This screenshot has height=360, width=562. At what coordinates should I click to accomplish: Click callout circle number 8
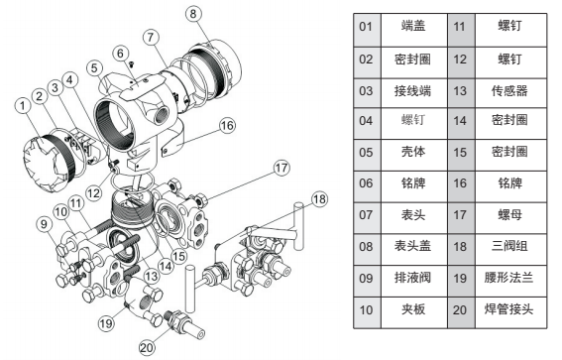click(x=193, y=14)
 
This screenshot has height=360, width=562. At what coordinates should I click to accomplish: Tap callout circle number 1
click(x=23, y=106)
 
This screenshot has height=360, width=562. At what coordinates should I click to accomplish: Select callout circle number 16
click(x=227, y=126)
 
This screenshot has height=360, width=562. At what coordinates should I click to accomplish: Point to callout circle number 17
click(x=281, y=168)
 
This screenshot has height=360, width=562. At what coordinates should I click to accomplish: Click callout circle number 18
click(x=320, y=199)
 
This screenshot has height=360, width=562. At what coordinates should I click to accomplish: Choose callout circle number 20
click(x=147, y=347)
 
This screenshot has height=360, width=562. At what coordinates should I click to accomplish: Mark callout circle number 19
click(x=106, y=323)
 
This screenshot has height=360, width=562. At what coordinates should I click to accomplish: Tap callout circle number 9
click(x=44, y=224)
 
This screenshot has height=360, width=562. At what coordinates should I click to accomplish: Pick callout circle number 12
click(x=94, y=193)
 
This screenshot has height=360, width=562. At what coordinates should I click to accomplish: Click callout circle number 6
click(x=121, y=54)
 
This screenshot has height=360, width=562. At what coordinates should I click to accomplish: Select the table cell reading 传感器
click(x=510, y=92)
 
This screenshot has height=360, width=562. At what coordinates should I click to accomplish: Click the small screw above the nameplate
click(x=132, y=64)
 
